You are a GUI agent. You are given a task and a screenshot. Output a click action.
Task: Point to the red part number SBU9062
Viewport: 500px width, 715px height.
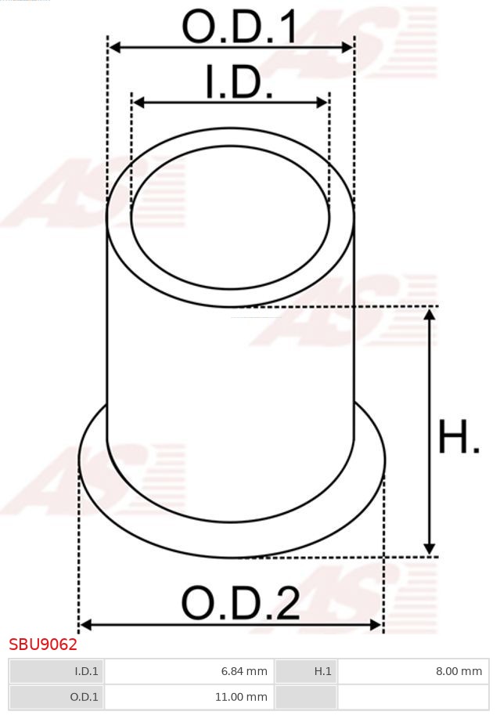point(43,645)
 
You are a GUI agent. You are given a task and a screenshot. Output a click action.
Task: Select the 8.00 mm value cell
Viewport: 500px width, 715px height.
point(414,671)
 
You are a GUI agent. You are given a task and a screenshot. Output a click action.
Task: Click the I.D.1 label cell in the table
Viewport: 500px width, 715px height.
point(56,671)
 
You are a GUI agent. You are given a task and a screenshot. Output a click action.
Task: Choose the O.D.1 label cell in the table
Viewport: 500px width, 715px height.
point(56,696)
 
